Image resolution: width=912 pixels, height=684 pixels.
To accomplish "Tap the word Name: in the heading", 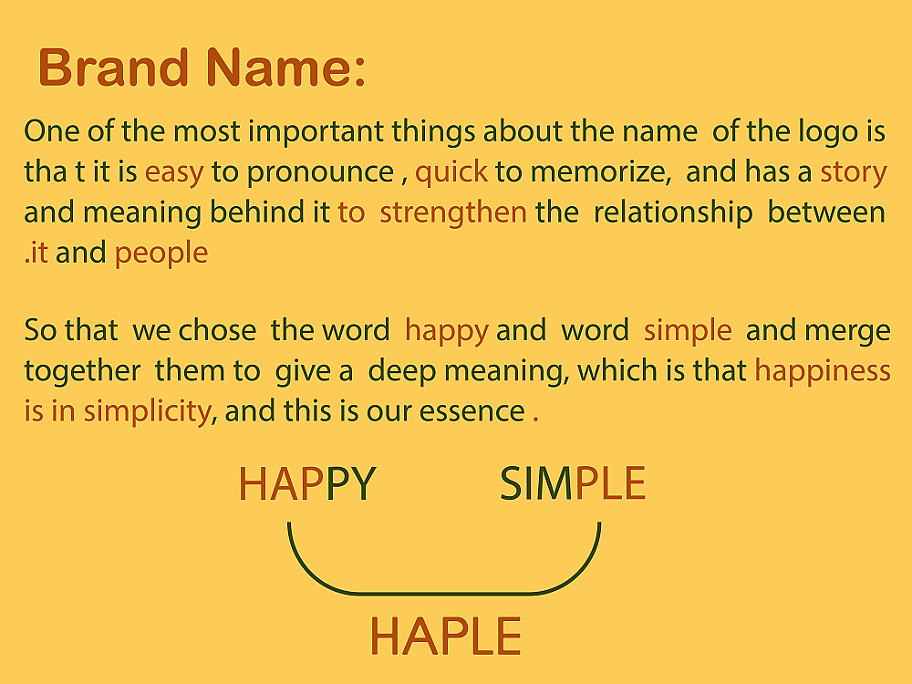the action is tap(285, 67).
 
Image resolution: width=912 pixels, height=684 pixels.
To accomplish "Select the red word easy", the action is tap(174, 173).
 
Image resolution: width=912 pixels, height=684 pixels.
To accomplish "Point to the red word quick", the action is tap(451, 172).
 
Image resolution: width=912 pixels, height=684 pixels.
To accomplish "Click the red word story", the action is tap(854, 172).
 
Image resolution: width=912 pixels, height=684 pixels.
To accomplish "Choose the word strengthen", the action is tap(453, 212).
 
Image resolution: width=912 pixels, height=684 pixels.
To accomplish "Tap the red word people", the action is tap(161, 254).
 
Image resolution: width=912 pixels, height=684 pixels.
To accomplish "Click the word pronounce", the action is tap(320, 173).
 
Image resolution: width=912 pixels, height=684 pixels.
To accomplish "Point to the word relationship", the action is tap(673, 212).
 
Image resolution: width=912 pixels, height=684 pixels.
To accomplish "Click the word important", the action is tap(316, 132).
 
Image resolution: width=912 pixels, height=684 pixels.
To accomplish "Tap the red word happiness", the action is tap(823, 371).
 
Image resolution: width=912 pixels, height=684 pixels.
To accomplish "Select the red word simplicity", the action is tap(147, 412).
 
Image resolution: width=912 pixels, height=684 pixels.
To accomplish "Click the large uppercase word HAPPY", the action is tap(307, 484).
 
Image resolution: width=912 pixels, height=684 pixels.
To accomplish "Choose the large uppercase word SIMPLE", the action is tap(573, 484).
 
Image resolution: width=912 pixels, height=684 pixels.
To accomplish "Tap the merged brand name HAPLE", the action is tap(446, 637).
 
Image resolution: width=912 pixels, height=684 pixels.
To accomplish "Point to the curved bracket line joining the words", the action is tap(444, 594).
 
